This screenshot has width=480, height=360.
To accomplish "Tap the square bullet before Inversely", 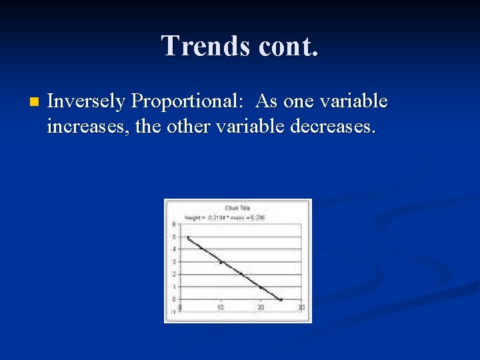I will (34, 103).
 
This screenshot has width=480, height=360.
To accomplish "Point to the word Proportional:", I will (187, 101).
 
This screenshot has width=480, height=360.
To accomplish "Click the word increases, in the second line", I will (87, 125).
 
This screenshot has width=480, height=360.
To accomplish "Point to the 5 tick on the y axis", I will (175, 237).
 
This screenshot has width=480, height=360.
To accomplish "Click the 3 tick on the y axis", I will (175, 261).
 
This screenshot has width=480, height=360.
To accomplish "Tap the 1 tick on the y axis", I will (175, 287).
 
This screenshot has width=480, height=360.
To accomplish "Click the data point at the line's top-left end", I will (189, 237).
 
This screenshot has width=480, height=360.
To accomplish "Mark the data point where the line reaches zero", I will (281, 299).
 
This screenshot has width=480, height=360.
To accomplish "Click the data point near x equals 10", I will (221, 262).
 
